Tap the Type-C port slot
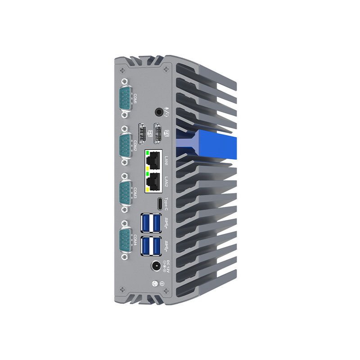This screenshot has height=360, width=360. [159, 203]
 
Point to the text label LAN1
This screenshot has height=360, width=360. [166, 160]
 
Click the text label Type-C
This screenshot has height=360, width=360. [166, 203]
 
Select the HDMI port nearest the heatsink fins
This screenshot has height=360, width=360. [158, 133]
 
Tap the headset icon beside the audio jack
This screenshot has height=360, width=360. [167, 112]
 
